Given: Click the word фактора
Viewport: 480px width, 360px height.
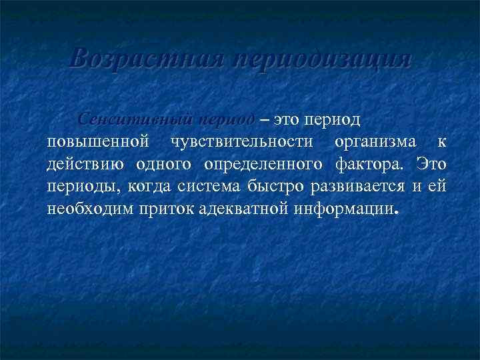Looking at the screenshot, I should [x=374, y=164].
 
